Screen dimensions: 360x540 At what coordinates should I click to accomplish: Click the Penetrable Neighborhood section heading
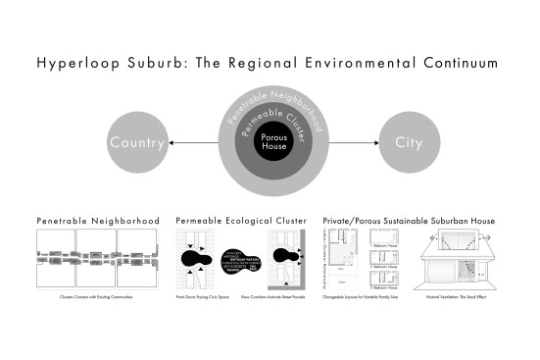(98, 222)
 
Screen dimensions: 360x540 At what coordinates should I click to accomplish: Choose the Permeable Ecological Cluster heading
(241, 222)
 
